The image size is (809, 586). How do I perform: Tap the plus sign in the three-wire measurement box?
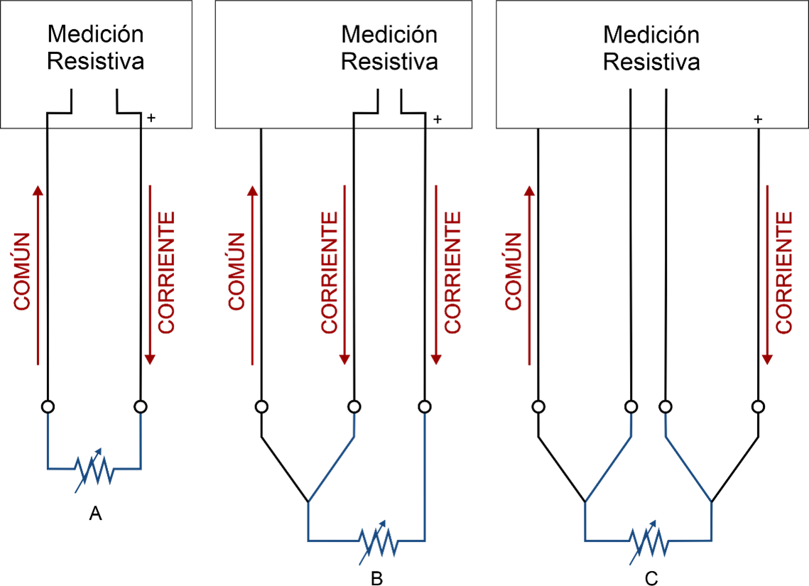point(438,119)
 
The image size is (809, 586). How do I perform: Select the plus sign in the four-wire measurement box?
point(758,119)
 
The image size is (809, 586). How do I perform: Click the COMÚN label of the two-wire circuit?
point(23,271)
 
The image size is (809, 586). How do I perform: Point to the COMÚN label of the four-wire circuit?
point(513,271)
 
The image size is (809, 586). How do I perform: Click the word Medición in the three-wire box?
point(389,34)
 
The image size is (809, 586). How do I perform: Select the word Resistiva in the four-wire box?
point(651,62)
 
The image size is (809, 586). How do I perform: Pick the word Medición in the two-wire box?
point(95,34)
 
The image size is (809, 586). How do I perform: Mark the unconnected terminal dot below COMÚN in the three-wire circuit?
point(261,407)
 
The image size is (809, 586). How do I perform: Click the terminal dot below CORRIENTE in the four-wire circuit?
point(759,407)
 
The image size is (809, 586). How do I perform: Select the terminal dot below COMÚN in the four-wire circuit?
point(538,407)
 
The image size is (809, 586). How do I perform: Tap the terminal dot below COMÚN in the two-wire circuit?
point(48,407)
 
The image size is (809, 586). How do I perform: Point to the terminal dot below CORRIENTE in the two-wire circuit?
point(141,407)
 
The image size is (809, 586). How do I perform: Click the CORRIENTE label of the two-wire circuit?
point(165,271)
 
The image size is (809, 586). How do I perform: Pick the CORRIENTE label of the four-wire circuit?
point(783,271)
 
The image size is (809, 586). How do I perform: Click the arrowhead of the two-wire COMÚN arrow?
point(38,189)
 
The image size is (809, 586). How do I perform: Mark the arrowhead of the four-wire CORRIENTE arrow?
point(768,359)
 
